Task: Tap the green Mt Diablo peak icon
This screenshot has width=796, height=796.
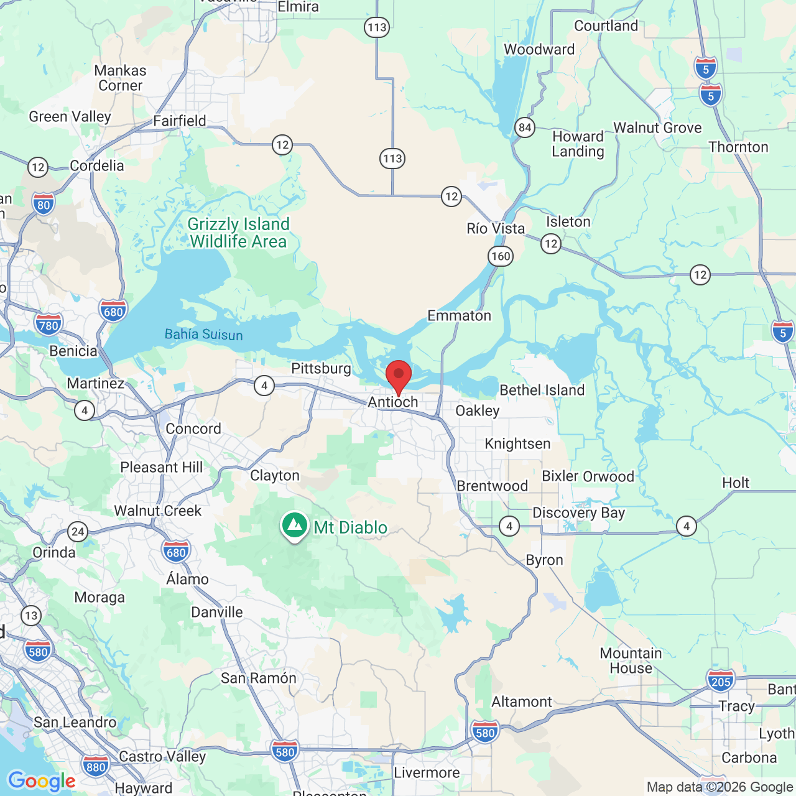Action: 295,526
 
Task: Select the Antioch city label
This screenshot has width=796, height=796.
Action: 393,402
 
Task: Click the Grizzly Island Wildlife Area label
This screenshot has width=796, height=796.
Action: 239,233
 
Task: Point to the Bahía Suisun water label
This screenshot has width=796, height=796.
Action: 203,335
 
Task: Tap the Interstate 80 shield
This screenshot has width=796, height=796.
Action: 44,204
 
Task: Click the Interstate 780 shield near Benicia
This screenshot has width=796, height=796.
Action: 49,325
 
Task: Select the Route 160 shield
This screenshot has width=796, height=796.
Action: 501,256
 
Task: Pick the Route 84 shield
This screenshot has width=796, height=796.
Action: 525,128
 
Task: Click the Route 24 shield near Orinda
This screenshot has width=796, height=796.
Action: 78,531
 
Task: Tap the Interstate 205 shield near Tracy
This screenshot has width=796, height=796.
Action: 721,681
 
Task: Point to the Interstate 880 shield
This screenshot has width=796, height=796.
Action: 96,766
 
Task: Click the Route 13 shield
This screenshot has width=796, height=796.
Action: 31,616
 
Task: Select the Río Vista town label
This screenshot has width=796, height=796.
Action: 496,229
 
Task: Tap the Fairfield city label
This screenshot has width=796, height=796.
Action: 180,121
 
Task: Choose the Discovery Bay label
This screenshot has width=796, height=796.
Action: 578,513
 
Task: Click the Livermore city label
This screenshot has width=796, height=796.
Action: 427,773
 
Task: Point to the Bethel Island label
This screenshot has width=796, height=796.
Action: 542,391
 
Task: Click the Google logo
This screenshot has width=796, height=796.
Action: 42,781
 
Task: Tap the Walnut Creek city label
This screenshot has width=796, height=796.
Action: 158,511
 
